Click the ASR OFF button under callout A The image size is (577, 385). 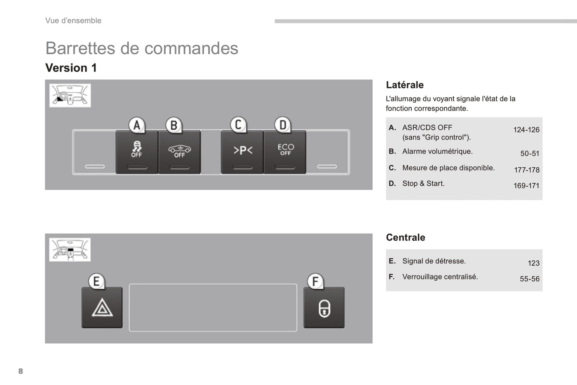tap(137, 152)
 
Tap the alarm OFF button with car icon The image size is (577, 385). tap(179, 152)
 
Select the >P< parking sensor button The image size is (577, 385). tap(242, 152)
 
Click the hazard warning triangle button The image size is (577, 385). tap(102, 308)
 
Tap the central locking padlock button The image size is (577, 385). tap(324, 308)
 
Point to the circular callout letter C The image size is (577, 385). tap(238, 125)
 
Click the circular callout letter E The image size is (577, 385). tap(96, 282)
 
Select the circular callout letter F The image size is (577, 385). tap(315, 282)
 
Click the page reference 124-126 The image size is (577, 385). tap(526, 130)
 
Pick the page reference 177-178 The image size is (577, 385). tap(526, 170)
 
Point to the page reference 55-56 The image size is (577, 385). tap(529, 279)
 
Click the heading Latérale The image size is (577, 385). tap(404, 85)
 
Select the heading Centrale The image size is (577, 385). tap(405, 238)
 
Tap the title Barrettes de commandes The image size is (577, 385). tap(142, 48)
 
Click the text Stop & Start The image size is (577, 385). tap(423, 184)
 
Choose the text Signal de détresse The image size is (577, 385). tap(434, 261)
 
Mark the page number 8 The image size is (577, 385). tap(21, 371)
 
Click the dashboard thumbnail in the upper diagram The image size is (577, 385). tap(70, 95)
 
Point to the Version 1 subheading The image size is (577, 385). tap(71, 68)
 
